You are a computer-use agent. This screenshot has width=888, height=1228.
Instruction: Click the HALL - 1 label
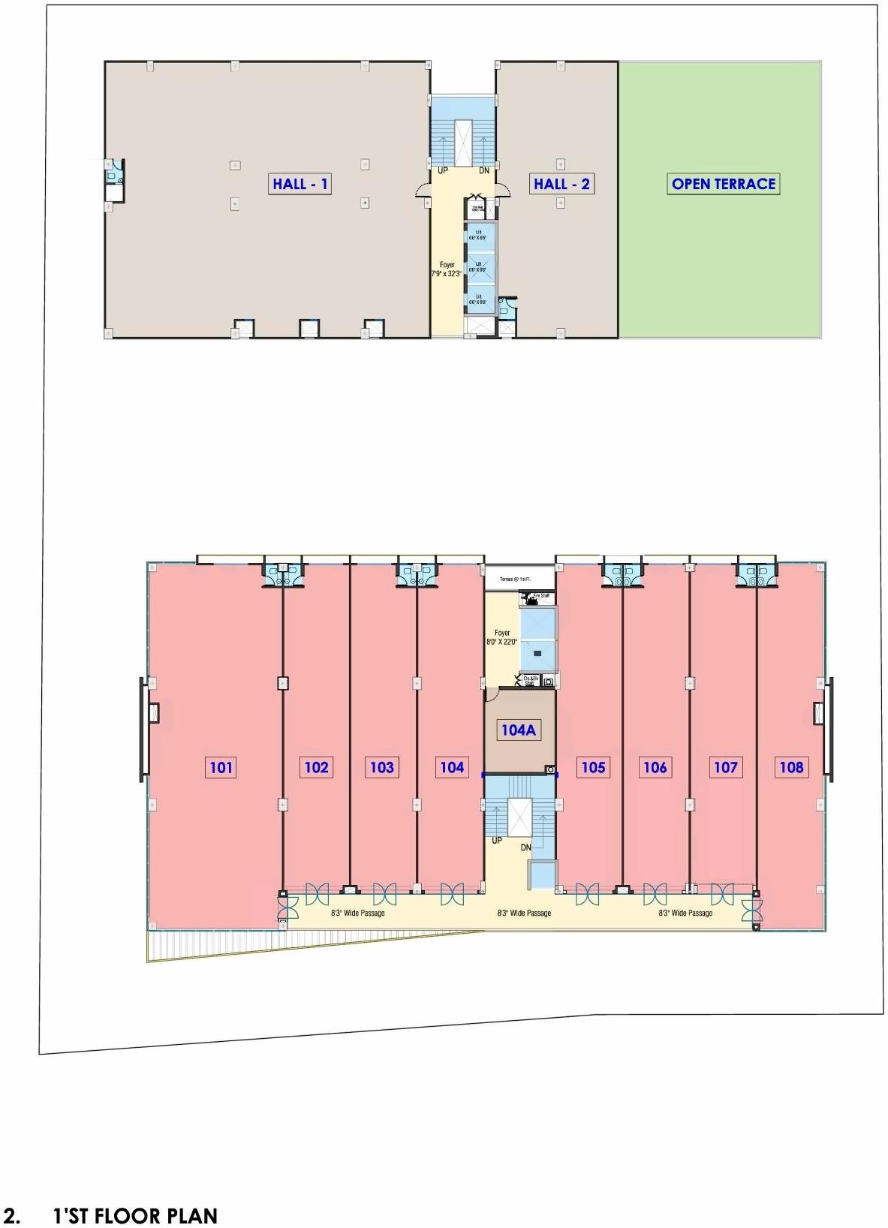300,184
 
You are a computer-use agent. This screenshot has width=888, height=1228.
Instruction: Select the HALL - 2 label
561,184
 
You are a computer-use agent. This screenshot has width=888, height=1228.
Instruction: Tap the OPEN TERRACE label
724,184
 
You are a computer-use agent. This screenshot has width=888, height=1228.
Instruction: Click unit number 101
221,767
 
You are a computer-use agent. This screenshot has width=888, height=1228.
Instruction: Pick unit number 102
317,767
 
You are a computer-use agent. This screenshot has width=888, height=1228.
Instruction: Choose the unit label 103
382,767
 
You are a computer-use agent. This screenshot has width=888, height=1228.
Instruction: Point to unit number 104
452,767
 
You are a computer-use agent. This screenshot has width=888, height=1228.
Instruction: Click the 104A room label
519,730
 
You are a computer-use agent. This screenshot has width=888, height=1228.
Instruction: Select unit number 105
593,767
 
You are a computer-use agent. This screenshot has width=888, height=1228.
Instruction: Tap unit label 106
655,767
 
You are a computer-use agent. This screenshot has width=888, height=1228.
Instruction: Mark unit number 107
726,767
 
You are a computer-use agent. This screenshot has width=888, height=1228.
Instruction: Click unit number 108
792,767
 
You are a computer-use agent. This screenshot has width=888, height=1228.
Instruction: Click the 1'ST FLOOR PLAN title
135,1216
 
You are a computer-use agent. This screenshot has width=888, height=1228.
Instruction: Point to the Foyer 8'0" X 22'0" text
502,637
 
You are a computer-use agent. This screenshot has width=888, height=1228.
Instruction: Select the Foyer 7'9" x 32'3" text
447,269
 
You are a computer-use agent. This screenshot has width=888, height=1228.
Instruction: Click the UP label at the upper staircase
443,170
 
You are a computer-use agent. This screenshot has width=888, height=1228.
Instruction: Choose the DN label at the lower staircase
526,847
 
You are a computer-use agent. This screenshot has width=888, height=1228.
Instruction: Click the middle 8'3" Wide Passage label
524,913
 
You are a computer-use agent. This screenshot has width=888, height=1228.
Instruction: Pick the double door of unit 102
317,893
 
